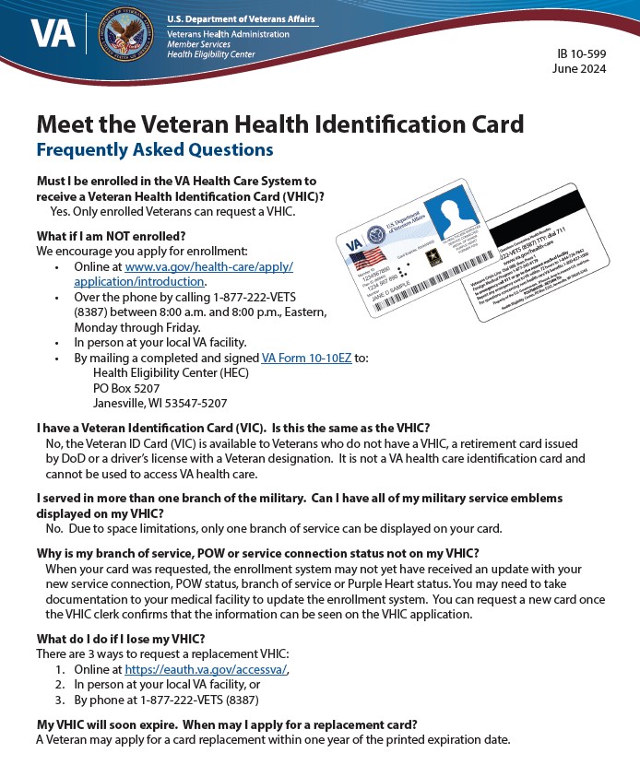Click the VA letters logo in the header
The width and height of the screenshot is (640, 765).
46,34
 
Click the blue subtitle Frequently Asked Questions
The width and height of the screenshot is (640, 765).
155,149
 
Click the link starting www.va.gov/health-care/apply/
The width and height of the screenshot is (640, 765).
208,266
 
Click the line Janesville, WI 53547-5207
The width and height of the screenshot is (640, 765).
160,403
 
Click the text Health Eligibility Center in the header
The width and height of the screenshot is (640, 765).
212,55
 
